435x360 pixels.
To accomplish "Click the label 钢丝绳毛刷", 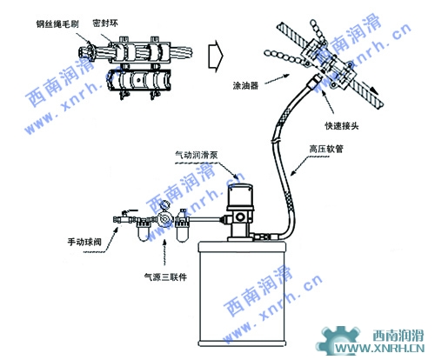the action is coord(57,24).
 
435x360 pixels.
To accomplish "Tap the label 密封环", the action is coord(105,23).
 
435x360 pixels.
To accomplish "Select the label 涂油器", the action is coord(245,85).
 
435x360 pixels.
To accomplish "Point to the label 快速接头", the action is coord(342,126).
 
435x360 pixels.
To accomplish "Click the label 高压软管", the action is coord(326,149).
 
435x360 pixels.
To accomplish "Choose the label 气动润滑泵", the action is coord(197,155).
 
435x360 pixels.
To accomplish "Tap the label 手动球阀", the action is coord(84,242).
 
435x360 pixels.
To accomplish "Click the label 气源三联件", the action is coord(165,277).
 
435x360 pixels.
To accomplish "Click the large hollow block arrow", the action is coord(216,56).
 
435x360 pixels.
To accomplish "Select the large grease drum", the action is coord(242,293).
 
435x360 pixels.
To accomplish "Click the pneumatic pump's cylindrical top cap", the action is coord(240,195).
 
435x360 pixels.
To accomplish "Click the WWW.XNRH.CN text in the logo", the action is coord(379,348).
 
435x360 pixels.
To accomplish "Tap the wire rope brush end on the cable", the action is coord(87,53).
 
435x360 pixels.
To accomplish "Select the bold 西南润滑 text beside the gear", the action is coord(398,336).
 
